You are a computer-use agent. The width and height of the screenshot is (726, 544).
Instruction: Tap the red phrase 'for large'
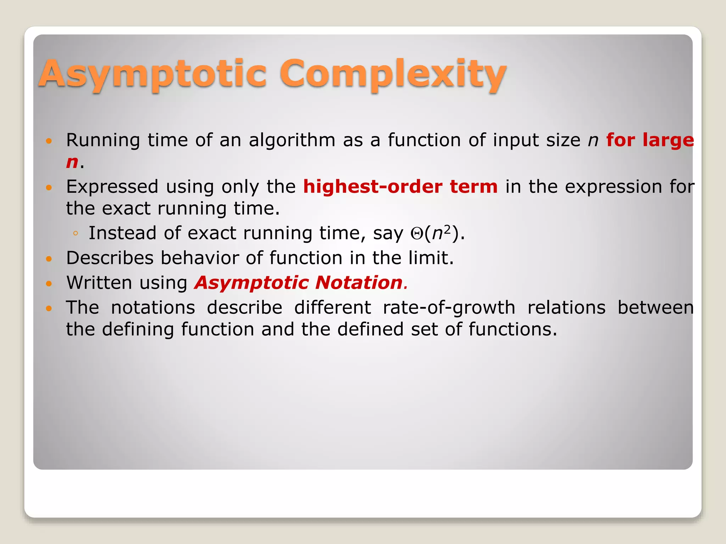point(650,140)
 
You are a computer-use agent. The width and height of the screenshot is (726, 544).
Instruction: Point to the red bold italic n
point(72,162)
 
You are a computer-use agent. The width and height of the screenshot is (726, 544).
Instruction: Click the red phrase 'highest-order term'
point(400,187)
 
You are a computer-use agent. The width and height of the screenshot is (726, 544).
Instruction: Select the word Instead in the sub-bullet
point(122,233)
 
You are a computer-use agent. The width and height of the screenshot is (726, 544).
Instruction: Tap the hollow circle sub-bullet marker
point(75,233)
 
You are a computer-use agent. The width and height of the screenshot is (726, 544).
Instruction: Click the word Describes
point(110,258)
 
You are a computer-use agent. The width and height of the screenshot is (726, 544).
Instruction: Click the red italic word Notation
point(359,283)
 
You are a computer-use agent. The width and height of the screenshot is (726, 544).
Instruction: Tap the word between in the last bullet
point(655,307)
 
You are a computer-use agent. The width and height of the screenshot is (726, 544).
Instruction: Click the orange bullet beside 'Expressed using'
point(49,187)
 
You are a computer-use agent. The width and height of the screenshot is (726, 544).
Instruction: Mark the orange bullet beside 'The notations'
point(49,308)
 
